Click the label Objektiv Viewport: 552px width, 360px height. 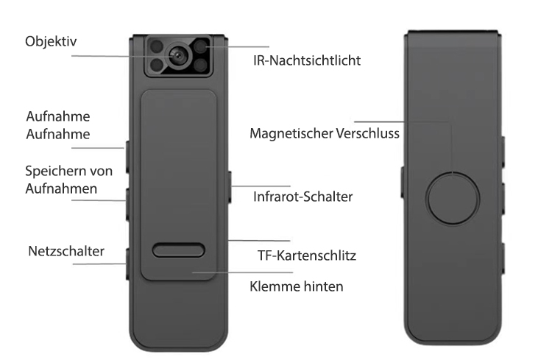(x=51, y=41)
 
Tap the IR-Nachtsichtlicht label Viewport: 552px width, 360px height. (x=307, y=60)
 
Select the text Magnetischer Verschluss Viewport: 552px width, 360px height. (x=325, y=133)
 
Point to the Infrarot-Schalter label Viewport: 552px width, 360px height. (x=302, y=197)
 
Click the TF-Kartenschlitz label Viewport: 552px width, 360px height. (x=307, y=255)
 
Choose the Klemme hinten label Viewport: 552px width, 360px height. (x=297, y=286)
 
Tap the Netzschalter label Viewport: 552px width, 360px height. (x=66, y=251)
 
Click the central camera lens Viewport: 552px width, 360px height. (x=177, y=56)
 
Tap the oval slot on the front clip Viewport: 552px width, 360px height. (x=179, y=250)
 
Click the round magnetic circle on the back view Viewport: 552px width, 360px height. (x=453, y=198)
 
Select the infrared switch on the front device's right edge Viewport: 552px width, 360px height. (x=230, y=187)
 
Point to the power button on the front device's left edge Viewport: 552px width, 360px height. (x=127, y=264)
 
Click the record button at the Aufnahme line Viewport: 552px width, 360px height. (x=127, y=157)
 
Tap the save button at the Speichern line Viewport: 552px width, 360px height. (x=127, y=205)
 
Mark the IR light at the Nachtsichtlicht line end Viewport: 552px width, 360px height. (x=201, y=46)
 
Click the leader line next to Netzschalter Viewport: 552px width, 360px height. (x=99, y=264)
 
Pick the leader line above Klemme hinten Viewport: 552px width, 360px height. (x=243, y=272)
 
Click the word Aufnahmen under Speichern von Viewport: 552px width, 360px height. (x=61, y=188)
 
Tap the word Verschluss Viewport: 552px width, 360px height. (x=367, y=133)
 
